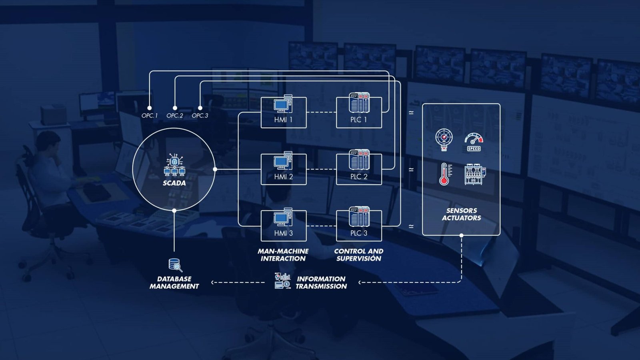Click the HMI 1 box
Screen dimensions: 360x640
click(x=283, y=112)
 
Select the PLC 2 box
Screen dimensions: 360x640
click(x=359, y=169)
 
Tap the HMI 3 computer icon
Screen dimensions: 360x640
click(x=283, y=218)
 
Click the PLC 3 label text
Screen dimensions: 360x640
click(x=359, y=233)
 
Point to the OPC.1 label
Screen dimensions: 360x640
click(x=150, y=116)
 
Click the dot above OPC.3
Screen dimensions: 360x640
click(x=200, y=108)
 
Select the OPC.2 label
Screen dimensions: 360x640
click(x=175, y=116)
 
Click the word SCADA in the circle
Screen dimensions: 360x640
click(x=174, y=183)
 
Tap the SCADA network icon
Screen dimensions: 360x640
click(x=174, y=165)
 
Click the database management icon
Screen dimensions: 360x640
click(x=175, y=265)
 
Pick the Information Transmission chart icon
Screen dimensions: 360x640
click(x=282, y=281)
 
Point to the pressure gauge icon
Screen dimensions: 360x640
click(x=444, y=139)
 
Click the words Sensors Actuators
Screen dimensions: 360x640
click(x=461, y=214)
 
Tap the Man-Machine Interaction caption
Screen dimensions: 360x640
click(x=283, y=255)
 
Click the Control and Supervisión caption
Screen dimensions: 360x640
click(x=359, y=255)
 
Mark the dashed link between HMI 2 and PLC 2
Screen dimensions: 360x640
click(x=321, y=169)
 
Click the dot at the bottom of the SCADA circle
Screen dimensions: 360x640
click(x=174, y=210)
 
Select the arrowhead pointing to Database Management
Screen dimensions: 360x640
click(x=213, y=282)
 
